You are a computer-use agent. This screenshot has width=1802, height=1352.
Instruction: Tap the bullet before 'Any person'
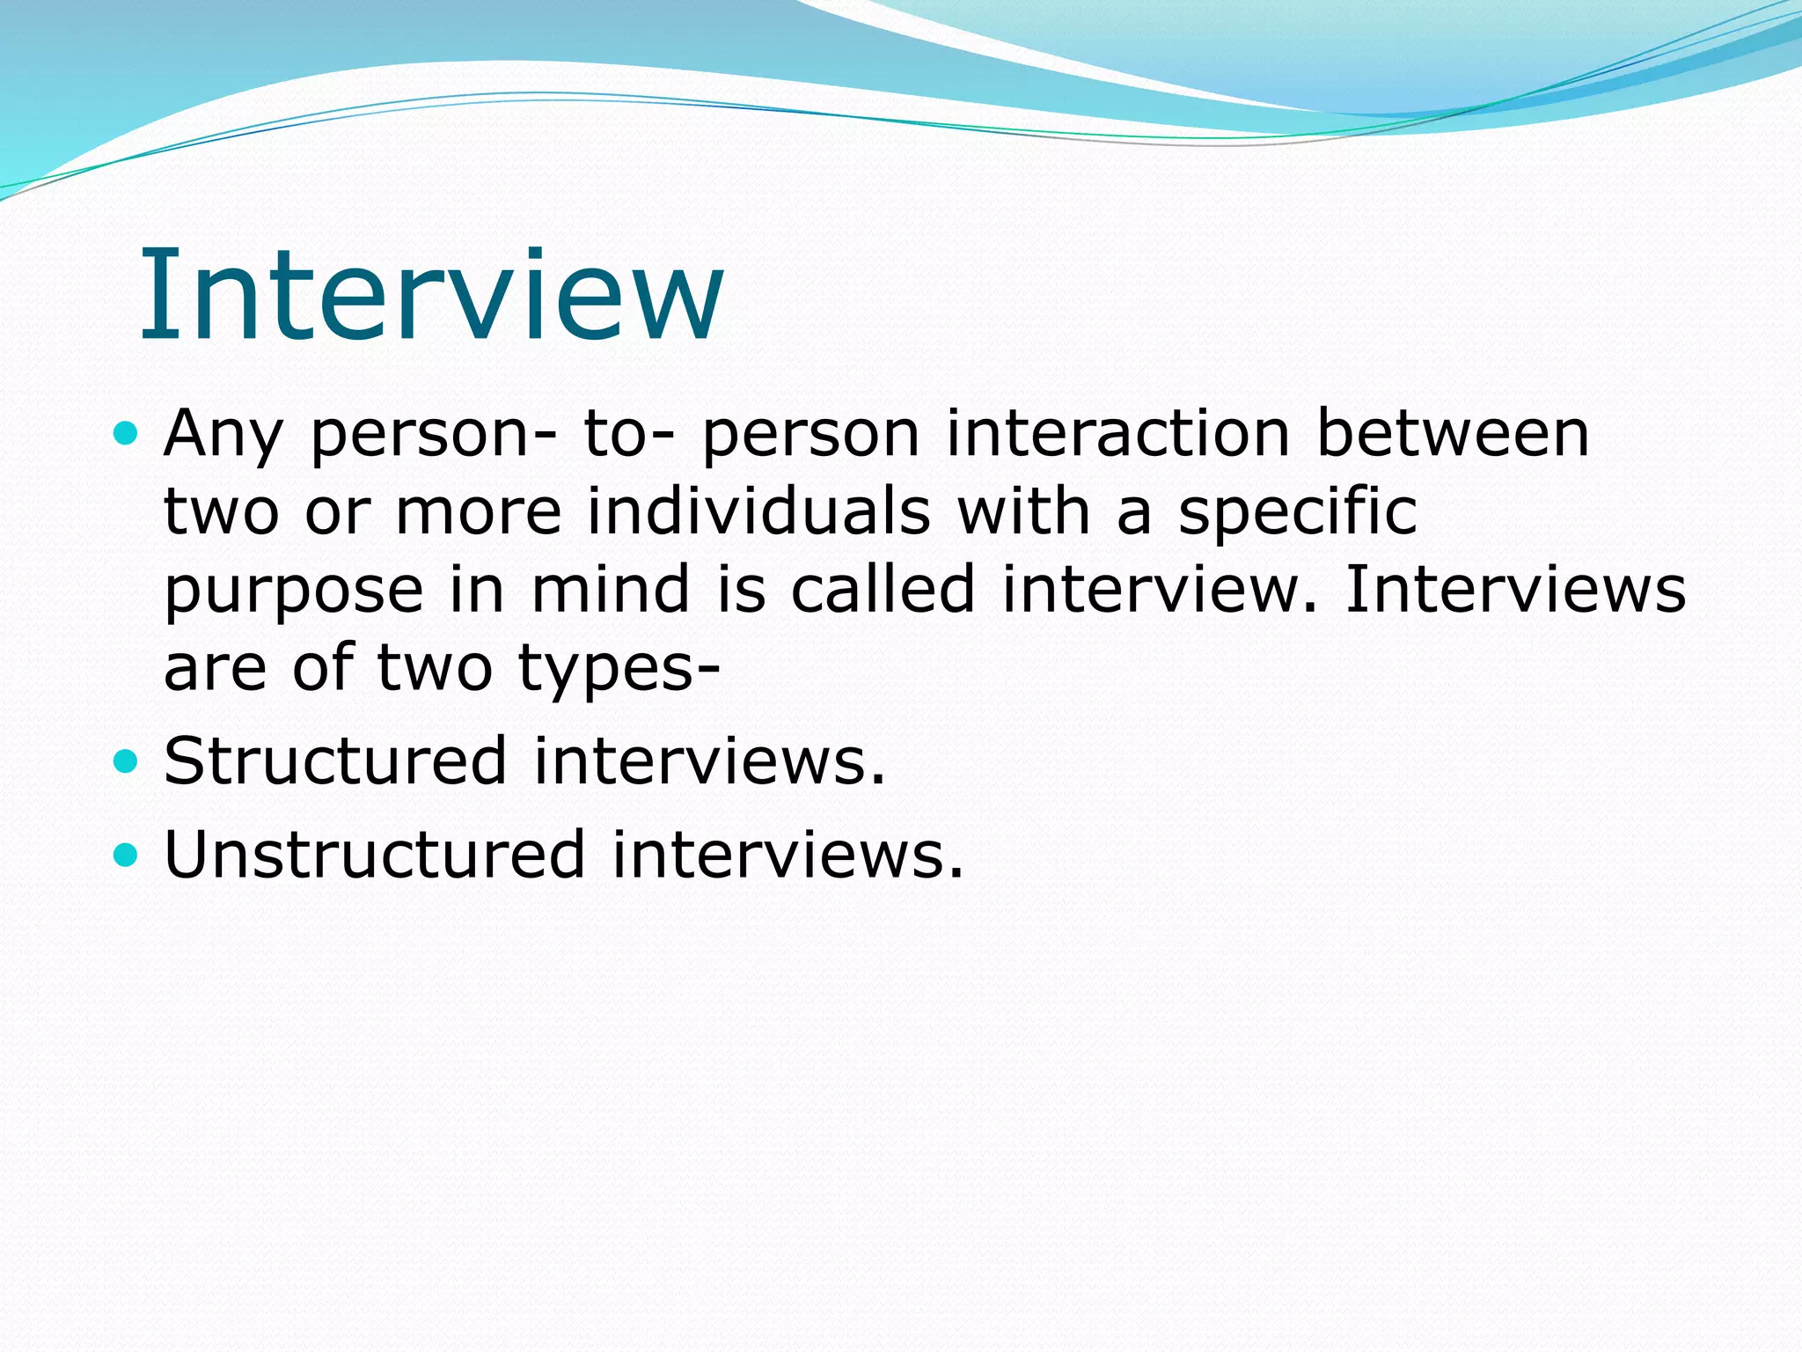tap(127, 433)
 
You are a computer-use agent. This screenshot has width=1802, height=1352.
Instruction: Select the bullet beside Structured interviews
tap(127, 760)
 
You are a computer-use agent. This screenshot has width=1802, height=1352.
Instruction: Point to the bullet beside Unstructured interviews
tap(127, 854)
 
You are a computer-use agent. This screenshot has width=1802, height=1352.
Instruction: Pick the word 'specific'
tap(1298, 513)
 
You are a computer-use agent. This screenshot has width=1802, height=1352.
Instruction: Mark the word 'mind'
tap(611, 589)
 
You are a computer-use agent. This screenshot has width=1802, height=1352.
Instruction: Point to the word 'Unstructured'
tap(375, 854)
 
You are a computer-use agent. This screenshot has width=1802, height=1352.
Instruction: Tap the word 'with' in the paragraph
tap(1023, 511)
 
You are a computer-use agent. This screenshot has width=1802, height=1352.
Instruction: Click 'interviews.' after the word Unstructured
tap(787, 854)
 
